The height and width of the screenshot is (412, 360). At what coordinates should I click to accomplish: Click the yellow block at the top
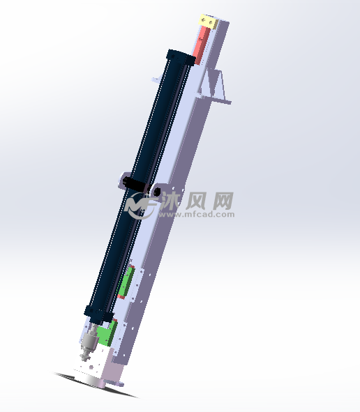(x=209, y=22)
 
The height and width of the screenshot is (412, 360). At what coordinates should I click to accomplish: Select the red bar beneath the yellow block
(x=202, y=45)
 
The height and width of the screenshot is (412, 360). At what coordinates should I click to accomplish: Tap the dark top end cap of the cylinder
(x=181, y=58)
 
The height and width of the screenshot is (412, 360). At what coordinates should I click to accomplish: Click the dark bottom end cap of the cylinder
(x=98, y=314)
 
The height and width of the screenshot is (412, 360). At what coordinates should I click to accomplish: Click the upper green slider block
(x=126, y=282)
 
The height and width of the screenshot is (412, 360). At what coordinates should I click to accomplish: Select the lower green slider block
(x=107, y=333)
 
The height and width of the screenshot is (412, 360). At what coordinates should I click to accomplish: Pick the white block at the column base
(x=90, y=364)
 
